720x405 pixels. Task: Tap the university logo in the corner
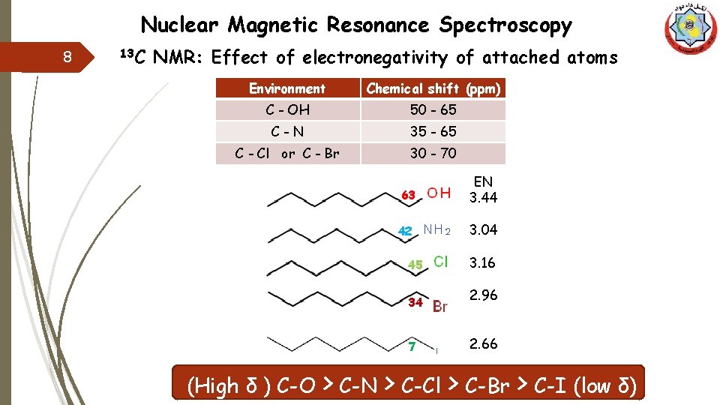(691, 28)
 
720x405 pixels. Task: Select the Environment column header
(287, 88)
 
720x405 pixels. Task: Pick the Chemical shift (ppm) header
(433, 88)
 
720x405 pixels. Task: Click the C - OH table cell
(287, 109)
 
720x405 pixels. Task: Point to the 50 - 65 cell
(433, 109)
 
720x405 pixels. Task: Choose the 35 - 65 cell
(433, 131)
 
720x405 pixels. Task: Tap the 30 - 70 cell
(433, 153)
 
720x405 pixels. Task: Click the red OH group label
(439, 193)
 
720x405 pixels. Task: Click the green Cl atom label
(441, 262)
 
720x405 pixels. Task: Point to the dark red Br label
(440, 306)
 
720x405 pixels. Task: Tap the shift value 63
(408, 195)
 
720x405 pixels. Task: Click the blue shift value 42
(405, 232)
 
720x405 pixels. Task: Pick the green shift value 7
(412, 346)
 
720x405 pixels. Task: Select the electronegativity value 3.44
(484, 197)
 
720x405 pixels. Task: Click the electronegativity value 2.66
(484, 343)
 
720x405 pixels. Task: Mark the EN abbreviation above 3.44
(484, 181)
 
